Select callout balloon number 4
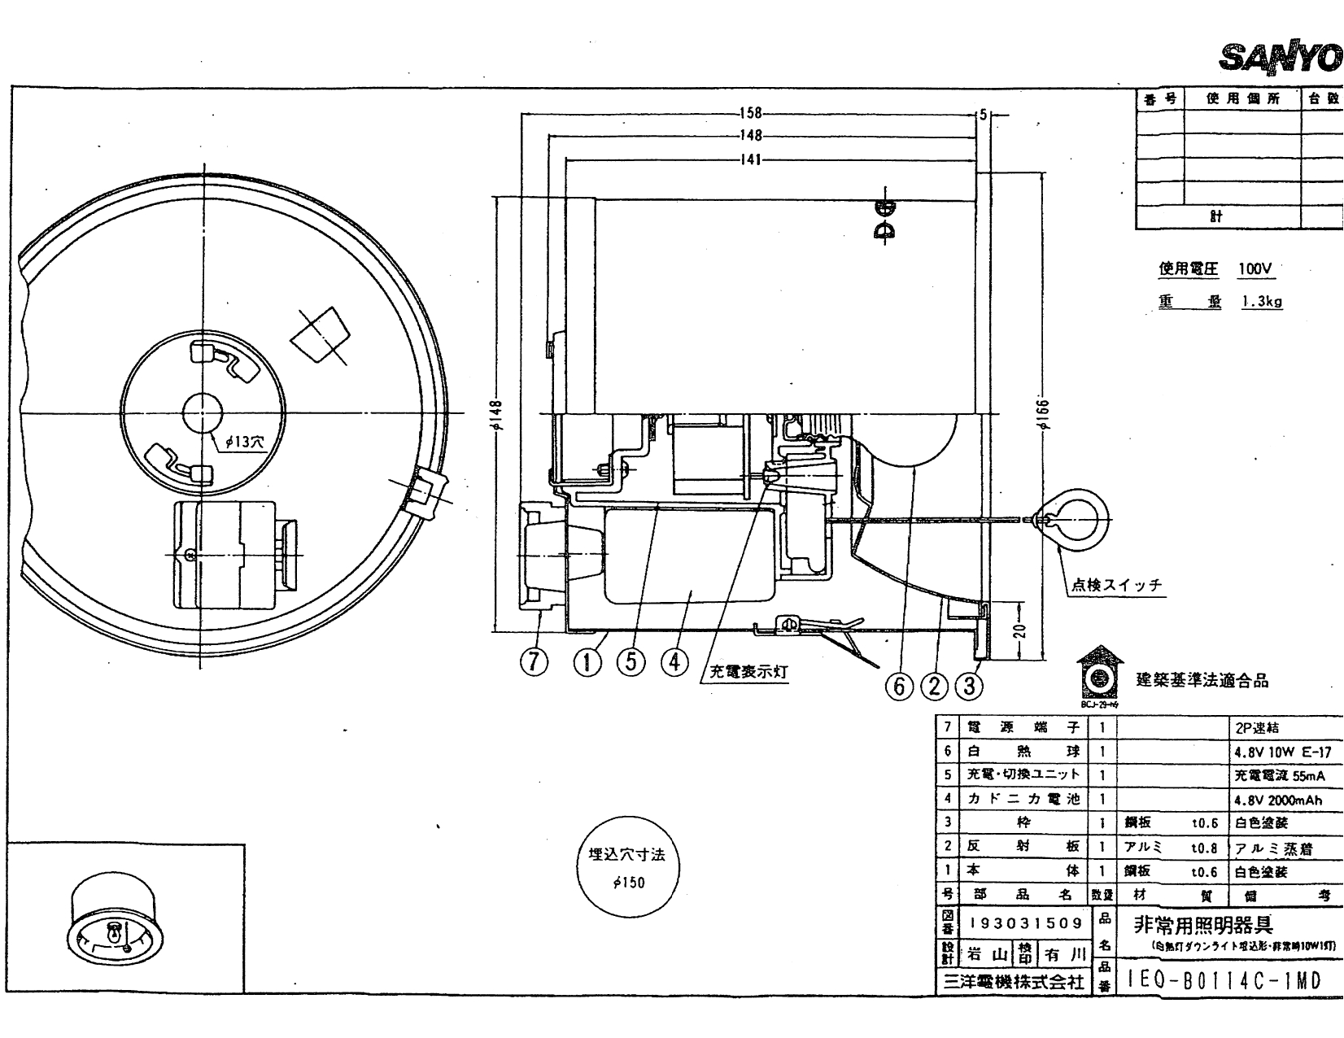click(x=674, y=663)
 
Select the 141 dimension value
click(x=749, y=159)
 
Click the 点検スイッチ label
click(x=1115, y=585)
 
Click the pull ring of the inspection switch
click(x=1077, y=519)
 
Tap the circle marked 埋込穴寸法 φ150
click(x=627, y=867)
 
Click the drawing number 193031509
click(x=1026, y=923)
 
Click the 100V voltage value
click(x=1255, y=269)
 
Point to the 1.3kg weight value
click(x=1262, y=302)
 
